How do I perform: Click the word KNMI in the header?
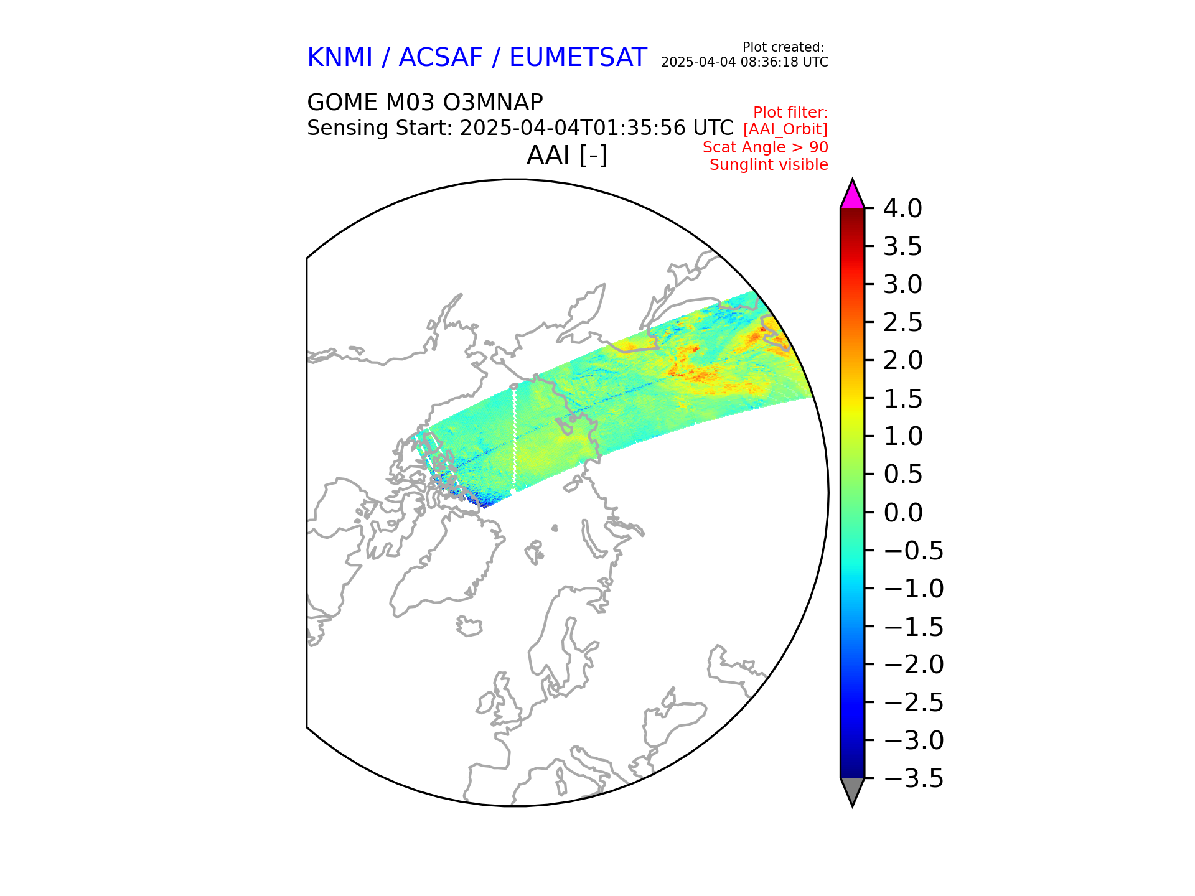[x=339, y=58]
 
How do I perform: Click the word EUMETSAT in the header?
[x=578, y=58]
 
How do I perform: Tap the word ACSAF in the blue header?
[x=440, y=58]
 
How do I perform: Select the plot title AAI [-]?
[x=566, y=155]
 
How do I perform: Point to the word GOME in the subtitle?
[x=342, y=102]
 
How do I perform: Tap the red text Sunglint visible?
[x=769, y=165]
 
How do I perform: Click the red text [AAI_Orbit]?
[x=785, y=129]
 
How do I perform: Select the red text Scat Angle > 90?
[x=765, y=147]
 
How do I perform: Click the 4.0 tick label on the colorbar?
[x=902, y=209]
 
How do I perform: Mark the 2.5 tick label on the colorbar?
[x=902, y=323]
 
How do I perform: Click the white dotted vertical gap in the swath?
[x=515, y=436]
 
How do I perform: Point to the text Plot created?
[x=783, y=47]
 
